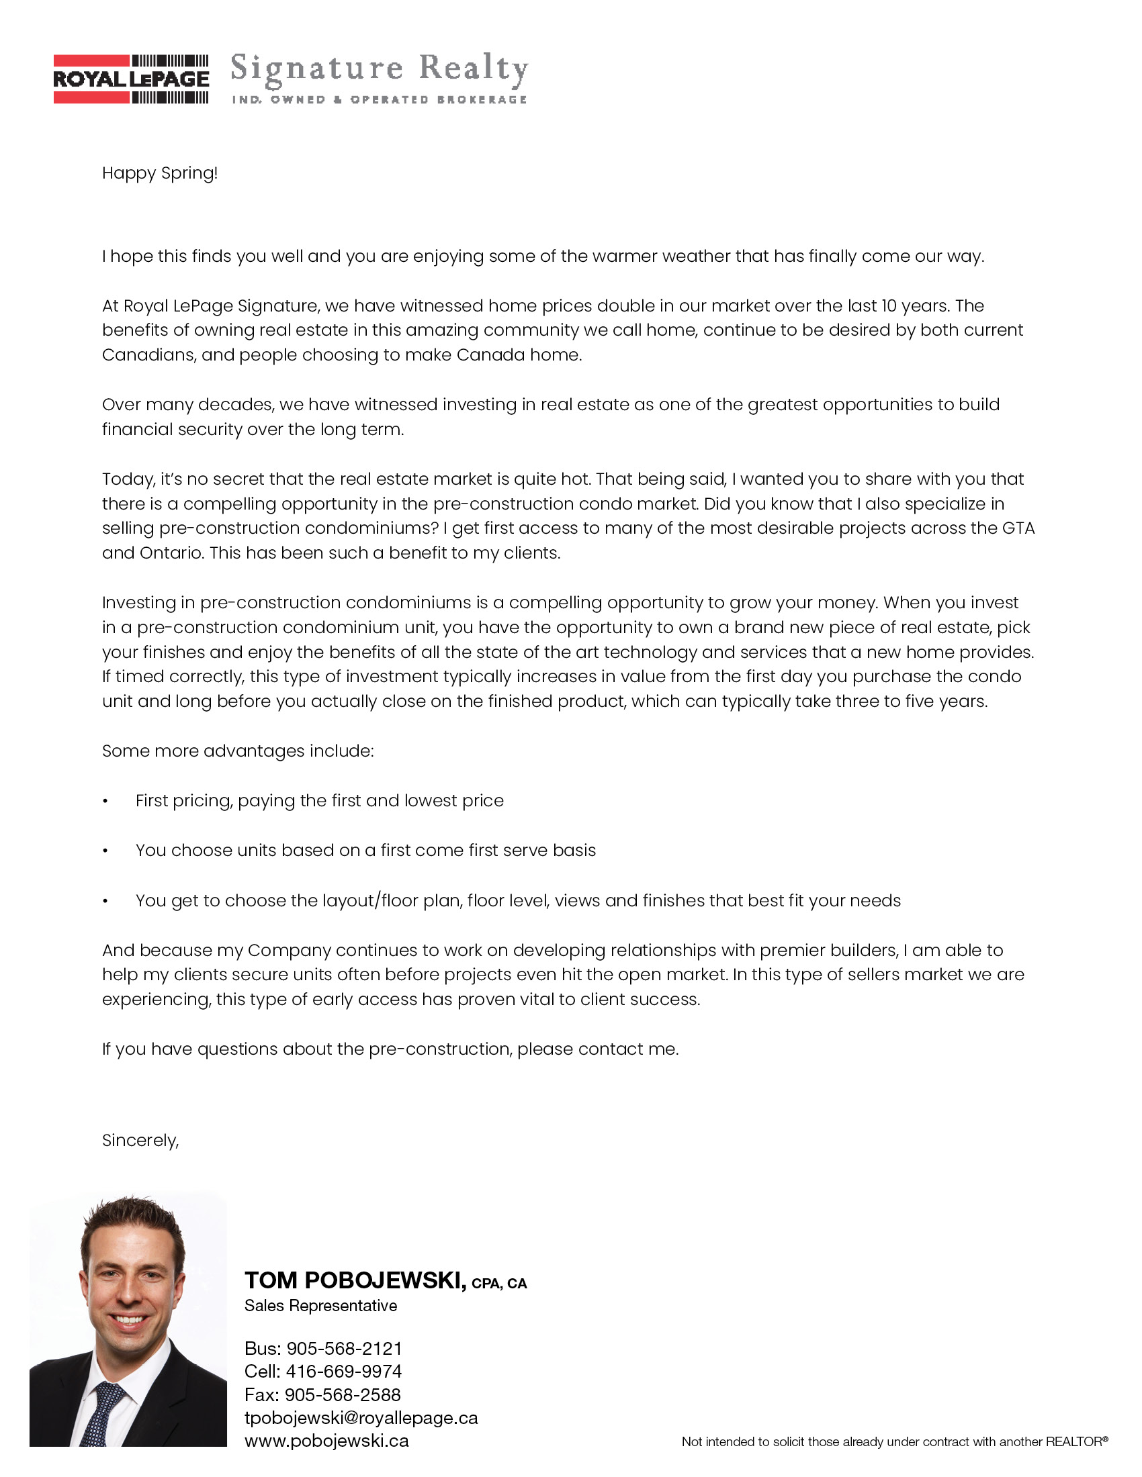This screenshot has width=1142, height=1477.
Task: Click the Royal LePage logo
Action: click(131, 79)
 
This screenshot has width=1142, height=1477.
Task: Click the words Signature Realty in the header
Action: click(379, 69)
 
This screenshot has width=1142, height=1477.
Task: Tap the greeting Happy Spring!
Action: click(160, 173)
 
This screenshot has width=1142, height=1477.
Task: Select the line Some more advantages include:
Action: click(237, 751)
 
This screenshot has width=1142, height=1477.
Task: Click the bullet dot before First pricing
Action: click(105, 802)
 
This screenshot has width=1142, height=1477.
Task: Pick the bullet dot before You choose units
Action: click(105, 851)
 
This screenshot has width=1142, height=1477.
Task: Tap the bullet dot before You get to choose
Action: click(105, 901)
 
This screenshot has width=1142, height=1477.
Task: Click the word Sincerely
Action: click(140, 1141)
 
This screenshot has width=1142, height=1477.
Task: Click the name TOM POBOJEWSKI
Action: click(355, 1280)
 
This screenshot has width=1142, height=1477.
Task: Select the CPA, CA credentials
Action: click(499, 1284)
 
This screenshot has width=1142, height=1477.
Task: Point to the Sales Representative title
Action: click(320, 1306)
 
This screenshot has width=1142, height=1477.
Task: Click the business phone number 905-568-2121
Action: click(345, 1349)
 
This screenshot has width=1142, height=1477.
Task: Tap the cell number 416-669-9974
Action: click(344, 1372)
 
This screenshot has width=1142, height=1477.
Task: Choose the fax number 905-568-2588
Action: click(343, 1394)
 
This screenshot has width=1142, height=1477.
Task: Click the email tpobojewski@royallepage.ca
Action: click(361, 1417)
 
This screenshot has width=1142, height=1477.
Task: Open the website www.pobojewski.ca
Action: click(326, 1441)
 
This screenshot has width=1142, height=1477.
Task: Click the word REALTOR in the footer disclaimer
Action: click(1073, 1442)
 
